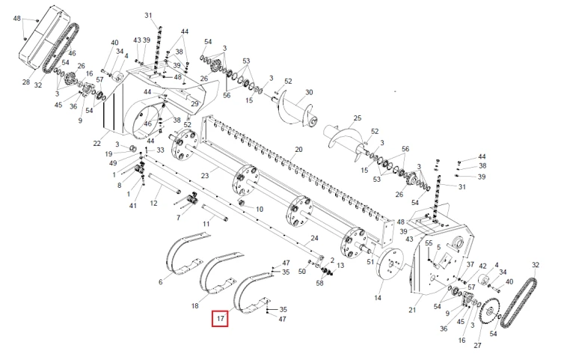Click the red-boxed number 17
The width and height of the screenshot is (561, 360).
221,320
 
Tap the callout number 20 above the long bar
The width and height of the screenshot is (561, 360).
298,150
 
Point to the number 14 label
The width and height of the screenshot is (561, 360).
378,298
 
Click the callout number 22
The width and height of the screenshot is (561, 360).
96,143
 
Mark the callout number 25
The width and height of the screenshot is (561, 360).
357,118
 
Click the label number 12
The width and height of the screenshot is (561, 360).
154,204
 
